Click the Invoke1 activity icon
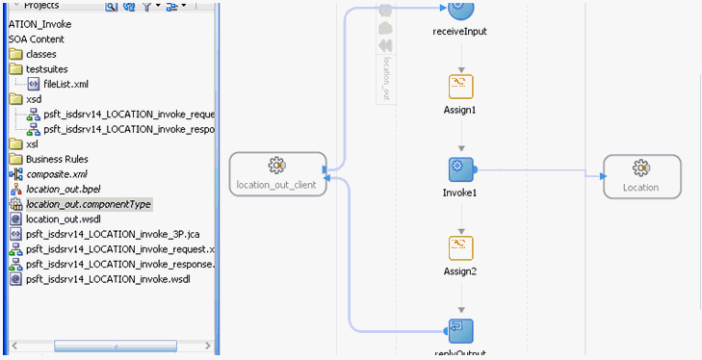tap(460, 169)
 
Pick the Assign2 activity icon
tap(460, 248)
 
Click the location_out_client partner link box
tap(275, 174)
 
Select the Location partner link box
tap(641, 175)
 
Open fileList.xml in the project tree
tap(65, 84)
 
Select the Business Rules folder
tap(57, 159)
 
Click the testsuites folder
tap(46, 68)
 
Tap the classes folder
tap(40, 54)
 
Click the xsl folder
tap(34, 143)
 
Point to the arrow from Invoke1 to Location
tap(539, 173)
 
